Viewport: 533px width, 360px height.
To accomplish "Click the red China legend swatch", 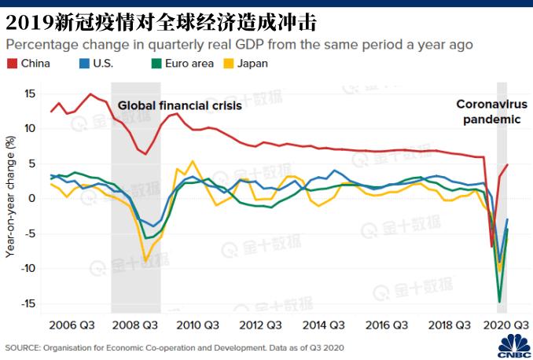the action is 12,64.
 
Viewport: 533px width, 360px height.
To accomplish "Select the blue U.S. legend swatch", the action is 84,64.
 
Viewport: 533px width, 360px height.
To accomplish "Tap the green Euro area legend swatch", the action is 156,64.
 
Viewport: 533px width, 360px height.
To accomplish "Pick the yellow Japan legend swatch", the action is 229,64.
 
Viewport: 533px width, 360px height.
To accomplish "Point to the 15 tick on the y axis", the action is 30,94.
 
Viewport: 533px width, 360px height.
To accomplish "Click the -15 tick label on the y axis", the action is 28,303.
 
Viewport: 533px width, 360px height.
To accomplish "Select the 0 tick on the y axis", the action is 32,198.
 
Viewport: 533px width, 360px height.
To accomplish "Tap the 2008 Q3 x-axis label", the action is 135,325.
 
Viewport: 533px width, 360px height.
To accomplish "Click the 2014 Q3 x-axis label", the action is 324,325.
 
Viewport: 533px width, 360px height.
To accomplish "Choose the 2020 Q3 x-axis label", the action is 506,325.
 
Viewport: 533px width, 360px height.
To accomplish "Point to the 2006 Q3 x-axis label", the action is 72,325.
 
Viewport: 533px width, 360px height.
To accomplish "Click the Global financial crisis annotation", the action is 180,106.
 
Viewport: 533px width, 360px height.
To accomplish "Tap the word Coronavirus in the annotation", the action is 492,104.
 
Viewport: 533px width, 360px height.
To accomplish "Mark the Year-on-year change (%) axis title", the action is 10,197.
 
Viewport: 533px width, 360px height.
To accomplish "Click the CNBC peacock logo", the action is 514,346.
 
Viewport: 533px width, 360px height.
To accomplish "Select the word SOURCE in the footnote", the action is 22,348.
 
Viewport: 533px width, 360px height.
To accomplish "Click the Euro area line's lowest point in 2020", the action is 499,302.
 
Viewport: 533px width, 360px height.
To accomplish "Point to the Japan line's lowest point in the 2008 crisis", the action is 145,261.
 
